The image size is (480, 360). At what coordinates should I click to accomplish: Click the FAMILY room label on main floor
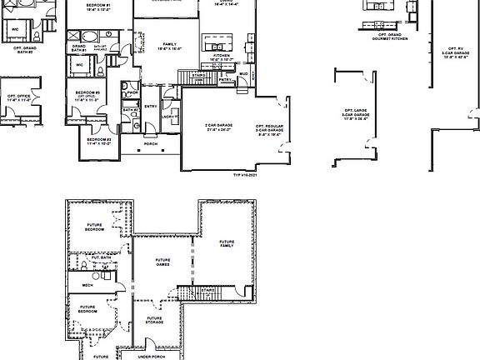(x=169, y=44)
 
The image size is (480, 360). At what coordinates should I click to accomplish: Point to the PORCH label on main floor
(x=151, y=144)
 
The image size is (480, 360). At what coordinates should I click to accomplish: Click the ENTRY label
(x=151, y=107)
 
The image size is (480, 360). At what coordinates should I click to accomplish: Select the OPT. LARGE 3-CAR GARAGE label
(x=356, y=113)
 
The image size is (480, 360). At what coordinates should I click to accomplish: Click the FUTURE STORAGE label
(x=154, y=320)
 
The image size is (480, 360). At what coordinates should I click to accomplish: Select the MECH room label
(x=87, y=285)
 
